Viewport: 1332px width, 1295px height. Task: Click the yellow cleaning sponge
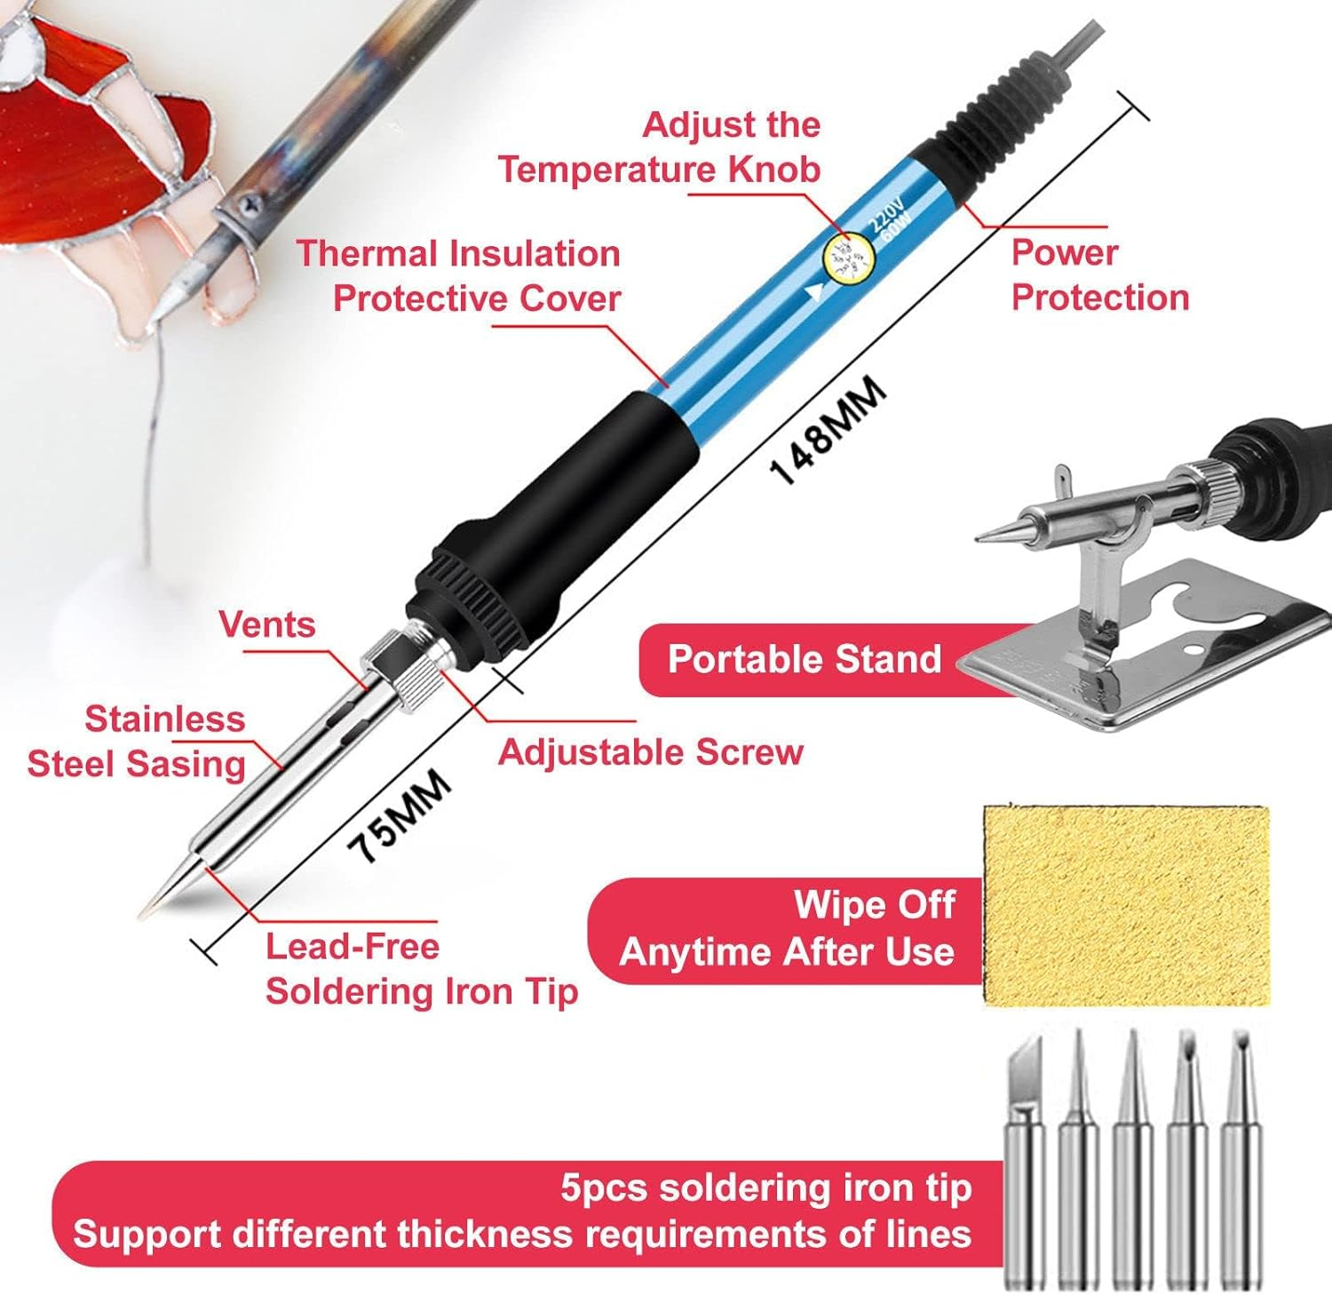[1126, 906]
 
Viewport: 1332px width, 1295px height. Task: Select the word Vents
[267, 624]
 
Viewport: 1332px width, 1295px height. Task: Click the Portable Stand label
[804, 659]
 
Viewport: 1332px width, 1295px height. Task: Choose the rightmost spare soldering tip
[1241, 1155]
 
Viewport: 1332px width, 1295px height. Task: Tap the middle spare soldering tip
[1132, 1155]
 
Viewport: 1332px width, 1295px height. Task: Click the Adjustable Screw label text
[650, 752]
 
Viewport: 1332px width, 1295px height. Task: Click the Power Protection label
[1099, 275]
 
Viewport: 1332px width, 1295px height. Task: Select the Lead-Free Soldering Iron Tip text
[421, 969]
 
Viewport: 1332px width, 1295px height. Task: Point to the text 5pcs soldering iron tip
[765, 1188]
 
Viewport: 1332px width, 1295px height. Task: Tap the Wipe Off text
[874, 905]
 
